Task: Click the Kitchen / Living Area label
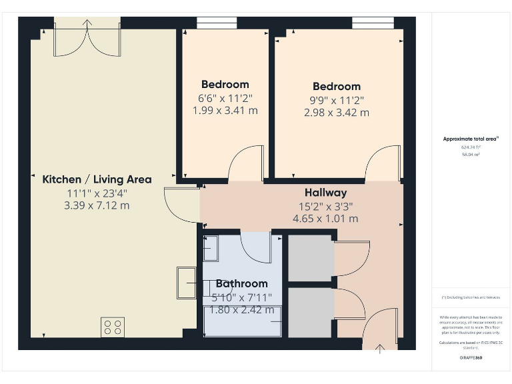coord(97,179)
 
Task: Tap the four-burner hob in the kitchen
coord(113,327)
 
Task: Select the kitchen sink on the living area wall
coord(186,282)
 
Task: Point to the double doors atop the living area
coord(88,39)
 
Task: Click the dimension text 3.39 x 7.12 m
coord(97,205)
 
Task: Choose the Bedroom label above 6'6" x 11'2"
coord(225,85)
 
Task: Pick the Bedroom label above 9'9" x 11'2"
coord(337,87)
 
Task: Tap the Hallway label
coord(325,193)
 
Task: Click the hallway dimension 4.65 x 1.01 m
coord(325,219)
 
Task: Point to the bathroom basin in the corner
coord(211,248)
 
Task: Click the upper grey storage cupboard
coord(310,257)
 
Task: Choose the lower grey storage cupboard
coord(310,312)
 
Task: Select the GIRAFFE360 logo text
coord(471,359)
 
